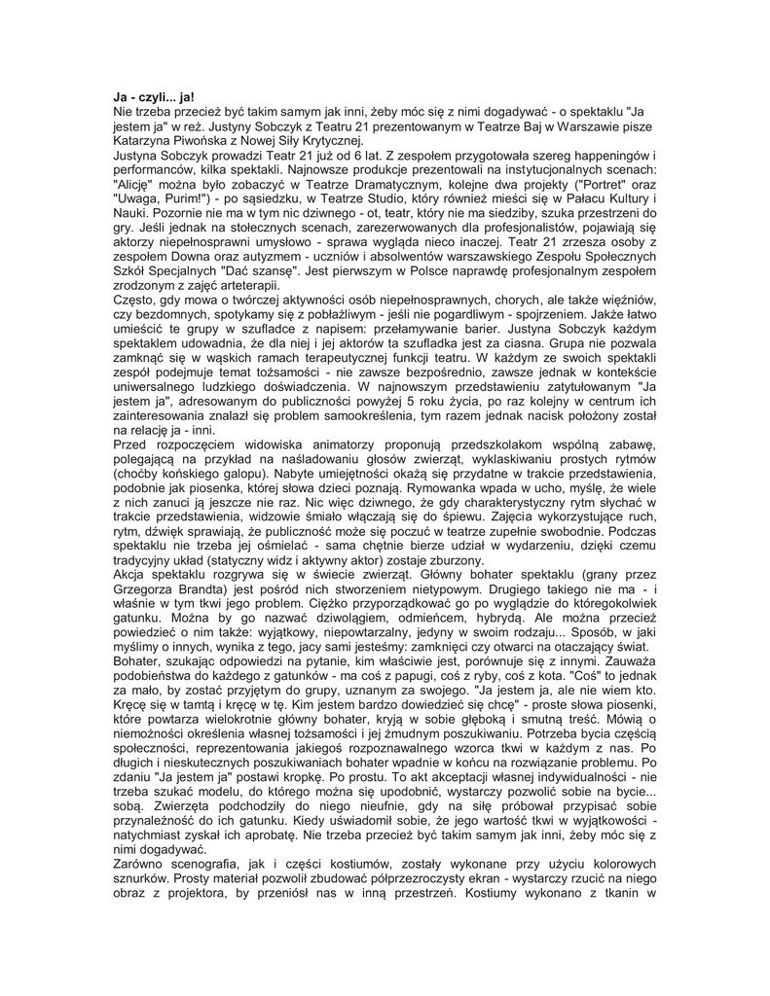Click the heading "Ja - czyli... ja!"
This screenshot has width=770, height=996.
tap(154, 98)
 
